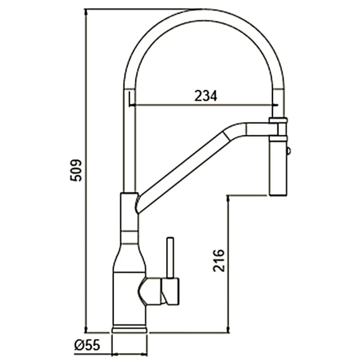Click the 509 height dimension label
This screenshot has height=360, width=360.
(76, 170)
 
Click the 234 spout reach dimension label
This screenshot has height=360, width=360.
(205, 96)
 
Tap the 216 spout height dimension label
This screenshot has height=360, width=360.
(218, 260)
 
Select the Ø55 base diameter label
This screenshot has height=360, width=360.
(87, 345)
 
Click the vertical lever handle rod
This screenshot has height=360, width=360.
(170, 257)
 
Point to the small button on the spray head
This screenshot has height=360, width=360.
(288, 151)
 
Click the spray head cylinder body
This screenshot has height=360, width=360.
(278, 168)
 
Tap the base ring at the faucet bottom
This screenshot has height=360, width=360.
(129, 328)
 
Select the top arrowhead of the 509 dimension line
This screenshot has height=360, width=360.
(86, 11)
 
